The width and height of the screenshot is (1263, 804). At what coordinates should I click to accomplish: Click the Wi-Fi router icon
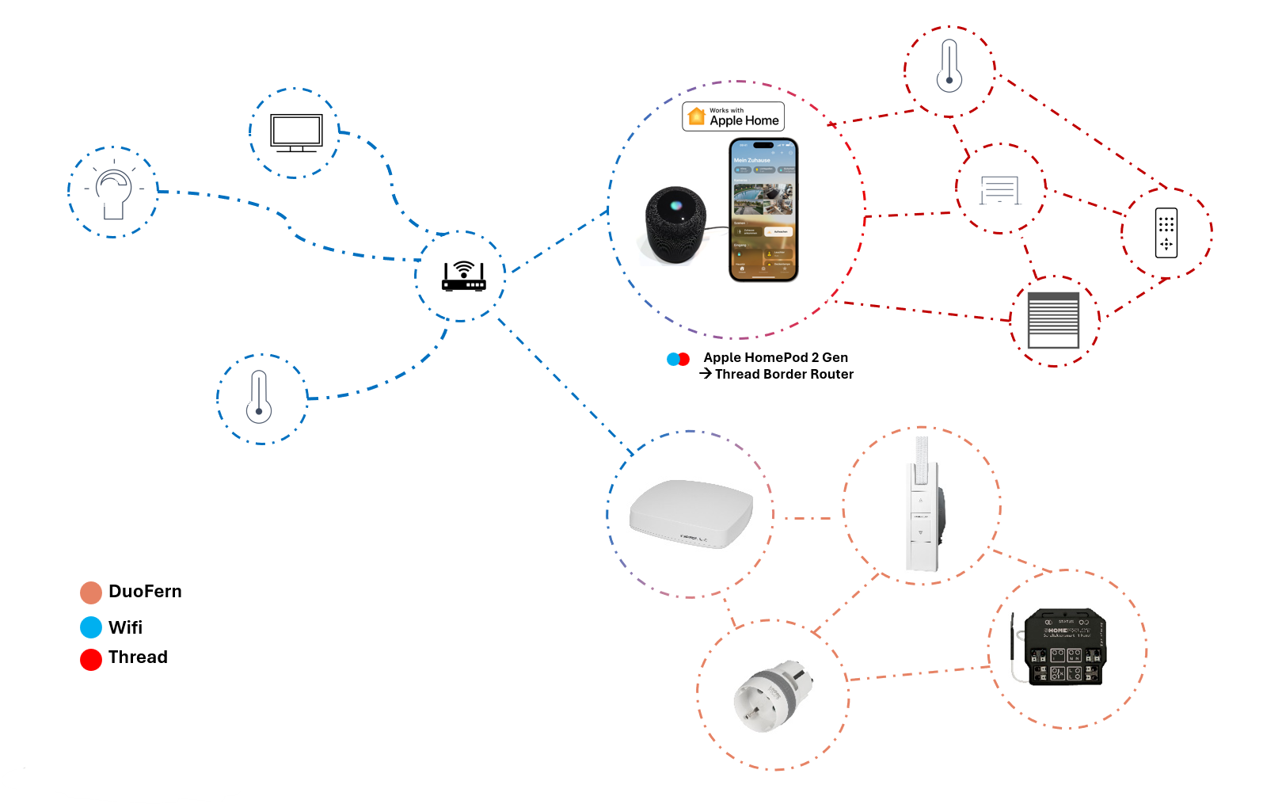(x=463, y=276)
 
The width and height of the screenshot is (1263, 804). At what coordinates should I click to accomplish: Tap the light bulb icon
(x=113, y=193)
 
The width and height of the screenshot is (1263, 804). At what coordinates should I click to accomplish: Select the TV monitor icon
(x=296, y=132)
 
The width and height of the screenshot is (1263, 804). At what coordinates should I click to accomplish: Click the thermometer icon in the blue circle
(x=259, y=398)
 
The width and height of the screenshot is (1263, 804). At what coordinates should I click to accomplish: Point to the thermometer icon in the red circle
(x=949, y=67)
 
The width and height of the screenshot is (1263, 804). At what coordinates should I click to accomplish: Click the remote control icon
(x=1166, y=233)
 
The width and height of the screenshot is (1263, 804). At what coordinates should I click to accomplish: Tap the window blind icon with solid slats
(x=1053, y=320)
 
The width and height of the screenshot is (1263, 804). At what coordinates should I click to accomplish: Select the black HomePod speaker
(x=675, y=225)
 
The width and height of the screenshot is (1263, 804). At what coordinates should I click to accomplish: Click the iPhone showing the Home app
(x=763, y=210)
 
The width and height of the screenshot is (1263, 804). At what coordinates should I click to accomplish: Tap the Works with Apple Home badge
(x=734, y=116)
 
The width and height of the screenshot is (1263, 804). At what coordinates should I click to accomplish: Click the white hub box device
(x=690, y=513)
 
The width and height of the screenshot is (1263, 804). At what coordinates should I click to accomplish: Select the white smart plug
(x=771, y=694)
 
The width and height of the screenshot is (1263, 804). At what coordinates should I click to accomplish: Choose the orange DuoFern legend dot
(x=91, y=593)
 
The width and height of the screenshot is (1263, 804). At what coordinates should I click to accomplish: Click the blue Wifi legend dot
(x=91, y=627)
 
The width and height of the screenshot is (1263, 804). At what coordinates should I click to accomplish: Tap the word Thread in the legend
(x=138, y=657)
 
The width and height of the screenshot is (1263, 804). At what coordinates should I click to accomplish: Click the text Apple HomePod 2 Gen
(x=775, y=357)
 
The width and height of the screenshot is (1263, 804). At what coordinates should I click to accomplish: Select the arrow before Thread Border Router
(x=706, y=373)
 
